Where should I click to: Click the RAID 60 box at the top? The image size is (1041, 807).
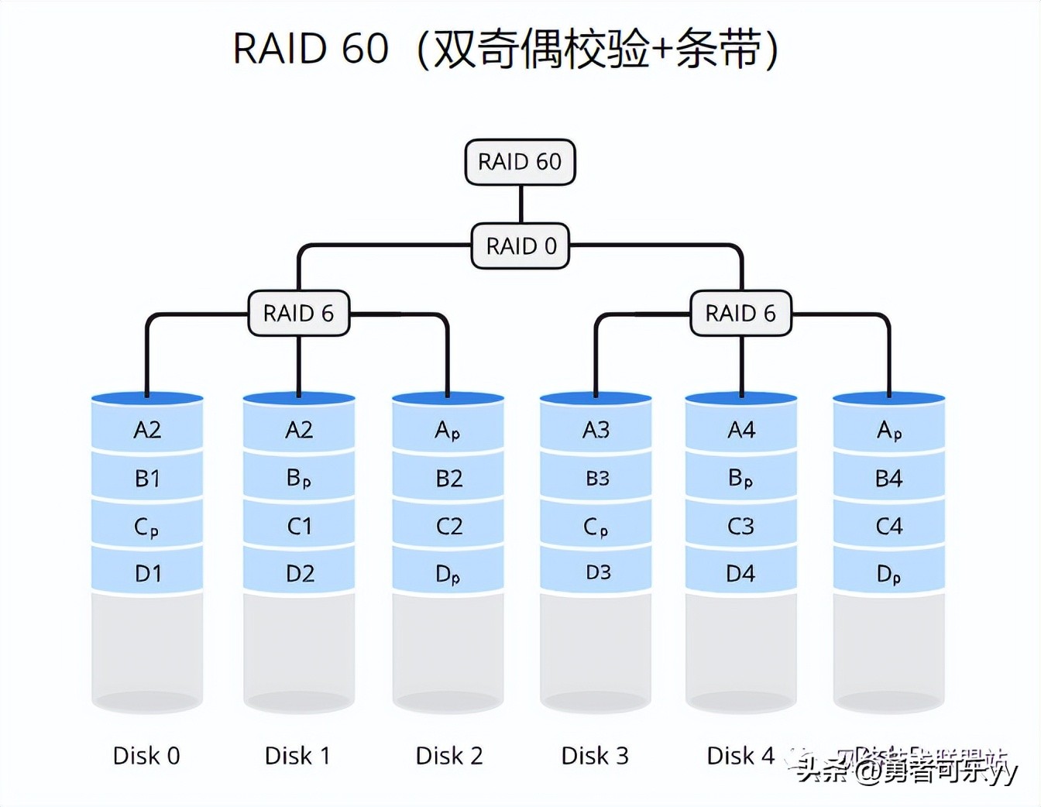(x=520, y=162)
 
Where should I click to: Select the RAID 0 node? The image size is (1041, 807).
(x=520, y=246)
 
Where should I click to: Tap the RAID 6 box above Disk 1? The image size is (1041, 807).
(x=299, y=313)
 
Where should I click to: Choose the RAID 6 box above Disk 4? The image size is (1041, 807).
(x=740, y=313)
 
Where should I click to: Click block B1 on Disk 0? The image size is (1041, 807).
(x=147, y=478)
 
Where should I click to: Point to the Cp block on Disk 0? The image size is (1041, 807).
(x=147, y=527)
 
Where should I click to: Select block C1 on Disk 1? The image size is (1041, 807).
(x=299, y=527)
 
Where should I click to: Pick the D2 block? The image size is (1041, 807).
(x=299, y=574)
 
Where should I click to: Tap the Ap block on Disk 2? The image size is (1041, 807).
(x=448, y=430)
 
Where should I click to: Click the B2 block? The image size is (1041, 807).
(x=448, y=478)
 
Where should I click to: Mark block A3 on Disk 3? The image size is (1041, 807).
(x=596, y=430)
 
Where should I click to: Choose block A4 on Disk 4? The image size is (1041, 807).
(x=741, y=430)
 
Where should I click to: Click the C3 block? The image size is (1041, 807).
(x=740, y=527)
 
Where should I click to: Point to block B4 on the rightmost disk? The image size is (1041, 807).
(x=888, y=478)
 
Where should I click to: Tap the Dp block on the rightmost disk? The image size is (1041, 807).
(x=888, y=574)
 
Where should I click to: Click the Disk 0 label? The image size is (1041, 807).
(x=146, y=755)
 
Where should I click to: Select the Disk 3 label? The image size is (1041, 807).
(x=595, y=755)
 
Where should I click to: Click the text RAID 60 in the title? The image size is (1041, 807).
(x=311, y=49)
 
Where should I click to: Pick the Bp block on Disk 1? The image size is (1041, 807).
(x=299, y=478)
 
